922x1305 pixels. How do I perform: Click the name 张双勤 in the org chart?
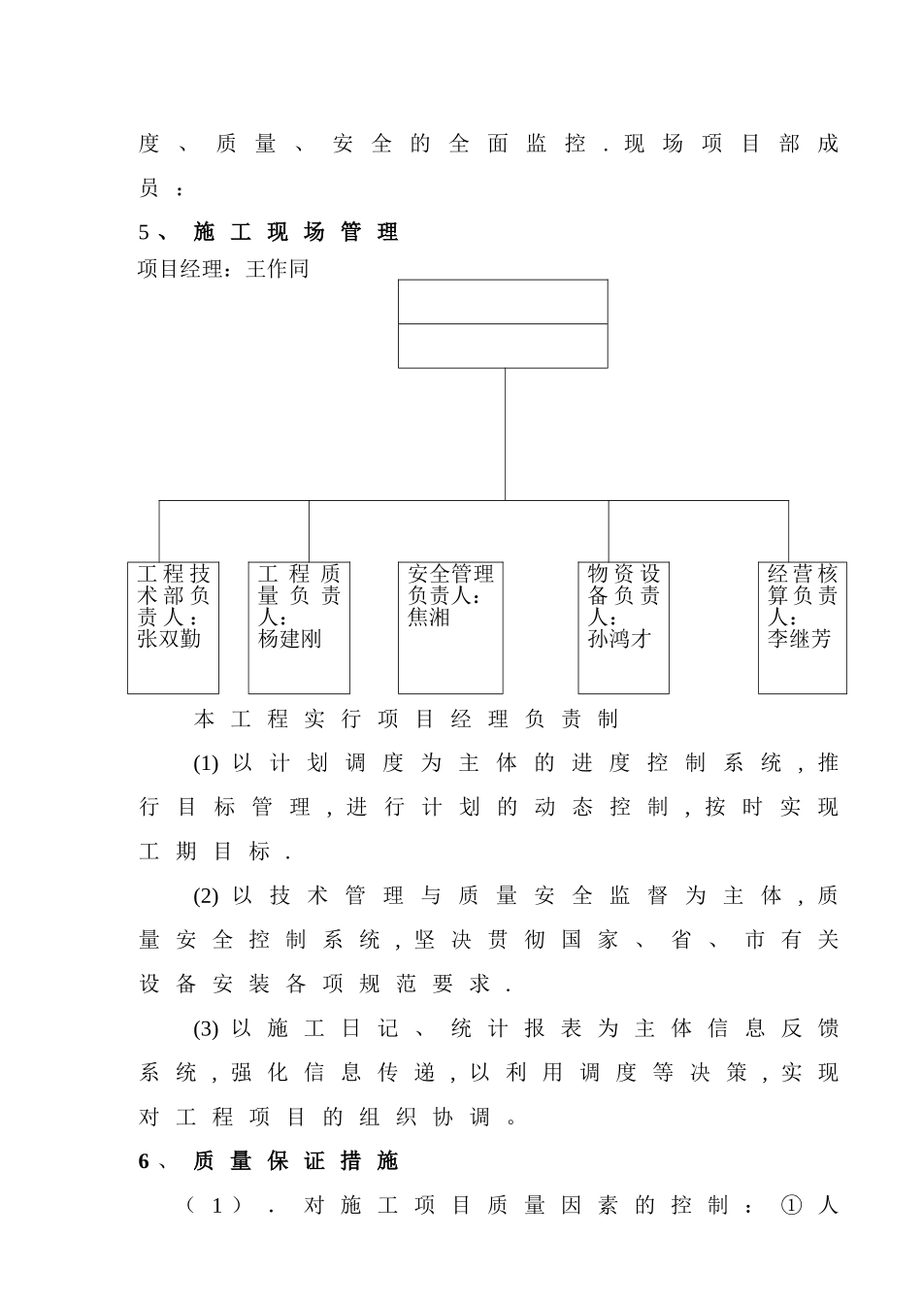[x=169, y=639]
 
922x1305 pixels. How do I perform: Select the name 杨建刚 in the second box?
[x=289, y=639]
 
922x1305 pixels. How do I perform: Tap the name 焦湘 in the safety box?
[x=429, y=618]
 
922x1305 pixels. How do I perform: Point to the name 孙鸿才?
[x=619, y=639]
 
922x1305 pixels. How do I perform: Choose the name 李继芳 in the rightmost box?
[x=800, y=639]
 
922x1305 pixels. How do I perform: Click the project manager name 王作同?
[x=277, y=268]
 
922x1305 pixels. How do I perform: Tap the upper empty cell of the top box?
[x=503, y=302]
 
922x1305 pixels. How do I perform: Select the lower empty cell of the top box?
[x=503, y=346]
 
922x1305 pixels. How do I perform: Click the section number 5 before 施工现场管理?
[x=145, y=232]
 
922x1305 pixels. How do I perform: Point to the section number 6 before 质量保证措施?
[x=145, y=1161]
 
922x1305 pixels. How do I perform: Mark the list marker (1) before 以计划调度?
[x=206, y=763]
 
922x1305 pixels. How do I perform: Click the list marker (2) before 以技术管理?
[x=206, y=896]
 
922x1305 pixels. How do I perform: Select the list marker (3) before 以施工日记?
[x=206, y=1029]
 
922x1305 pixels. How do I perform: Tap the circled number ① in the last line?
[x=792, y=1206]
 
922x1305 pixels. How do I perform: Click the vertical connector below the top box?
[x=505, y=434]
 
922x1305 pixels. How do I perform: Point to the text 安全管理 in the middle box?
[x=450, y=574]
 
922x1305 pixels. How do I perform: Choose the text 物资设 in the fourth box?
[x=623, y=574]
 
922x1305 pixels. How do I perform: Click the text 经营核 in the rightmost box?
[x=802, y=574]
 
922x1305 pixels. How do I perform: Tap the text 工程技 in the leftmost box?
[x=174, y=574]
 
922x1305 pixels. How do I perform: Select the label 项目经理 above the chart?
[x=180, y=268]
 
